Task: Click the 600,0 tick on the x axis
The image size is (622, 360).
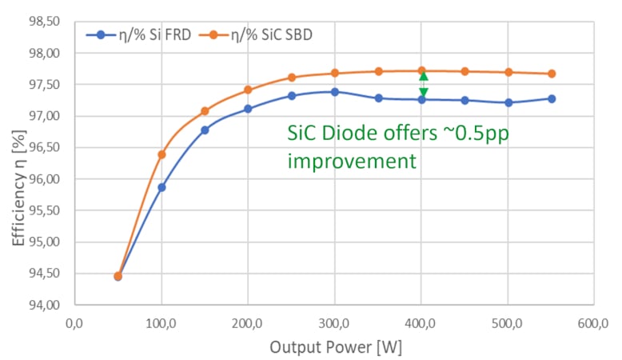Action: (x=592, y=324)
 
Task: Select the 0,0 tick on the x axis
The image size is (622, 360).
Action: (x=74, y=324)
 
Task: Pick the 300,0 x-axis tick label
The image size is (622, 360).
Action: (x=334, y=324)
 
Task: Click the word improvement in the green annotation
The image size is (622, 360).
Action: (x=352, y=161)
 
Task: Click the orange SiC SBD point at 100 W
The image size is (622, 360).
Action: (x=161, y=154)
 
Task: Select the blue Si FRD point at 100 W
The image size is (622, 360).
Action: (x=161, y=187)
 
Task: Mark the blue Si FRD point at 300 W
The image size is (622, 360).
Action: (x=334, y=92)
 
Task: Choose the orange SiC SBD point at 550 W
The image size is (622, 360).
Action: (x=552, y=74)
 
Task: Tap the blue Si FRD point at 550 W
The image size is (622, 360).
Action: (x=552, y=98)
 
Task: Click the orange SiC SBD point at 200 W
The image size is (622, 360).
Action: (x=248, y=90)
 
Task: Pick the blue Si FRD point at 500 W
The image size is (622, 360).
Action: (x=508, y=102)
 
